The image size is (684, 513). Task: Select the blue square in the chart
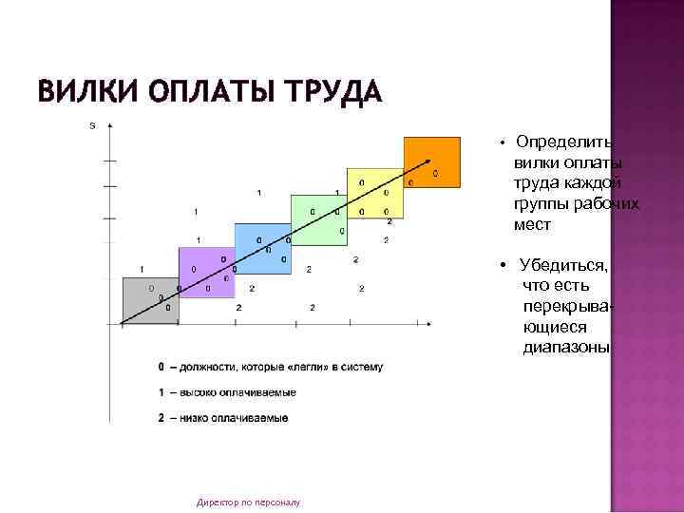point(261,248)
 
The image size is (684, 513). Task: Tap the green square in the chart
point(318,220)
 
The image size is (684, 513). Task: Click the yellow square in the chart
point(374,194)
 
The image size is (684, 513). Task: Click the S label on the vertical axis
point(92,126)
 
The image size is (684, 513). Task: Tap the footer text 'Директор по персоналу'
point(248,502)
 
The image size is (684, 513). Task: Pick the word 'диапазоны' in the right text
point(565,348)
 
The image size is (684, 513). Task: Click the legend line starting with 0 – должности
point(271,367)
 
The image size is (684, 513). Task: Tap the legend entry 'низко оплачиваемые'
point(224,418)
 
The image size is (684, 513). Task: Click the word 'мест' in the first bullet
point(532,226)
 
